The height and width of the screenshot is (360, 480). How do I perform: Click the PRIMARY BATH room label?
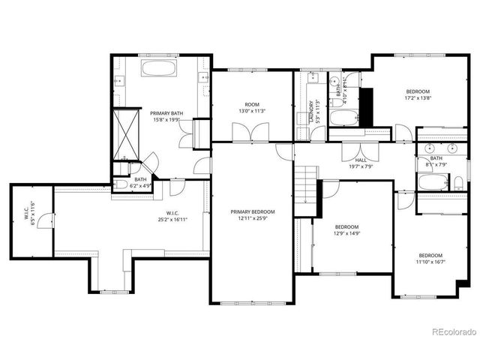(166, 115)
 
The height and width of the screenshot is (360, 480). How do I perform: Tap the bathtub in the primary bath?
(159, 70)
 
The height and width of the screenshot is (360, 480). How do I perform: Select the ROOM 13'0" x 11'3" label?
(251, 108)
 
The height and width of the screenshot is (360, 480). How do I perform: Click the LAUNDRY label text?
(310, 112)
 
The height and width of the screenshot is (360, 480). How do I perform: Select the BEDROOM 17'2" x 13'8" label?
(418, 94)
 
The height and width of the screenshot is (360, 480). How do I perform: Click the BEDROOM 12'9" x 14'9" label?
(347, 229)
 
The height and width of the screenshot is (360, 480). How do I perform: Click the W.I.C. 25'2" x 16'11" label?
(172, 216)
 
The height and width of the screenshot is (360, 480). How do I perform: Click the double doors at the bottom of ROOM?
(250, 133)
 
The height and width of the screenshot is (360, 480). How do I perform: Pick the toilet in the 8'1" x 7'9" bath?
(457, 181)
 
